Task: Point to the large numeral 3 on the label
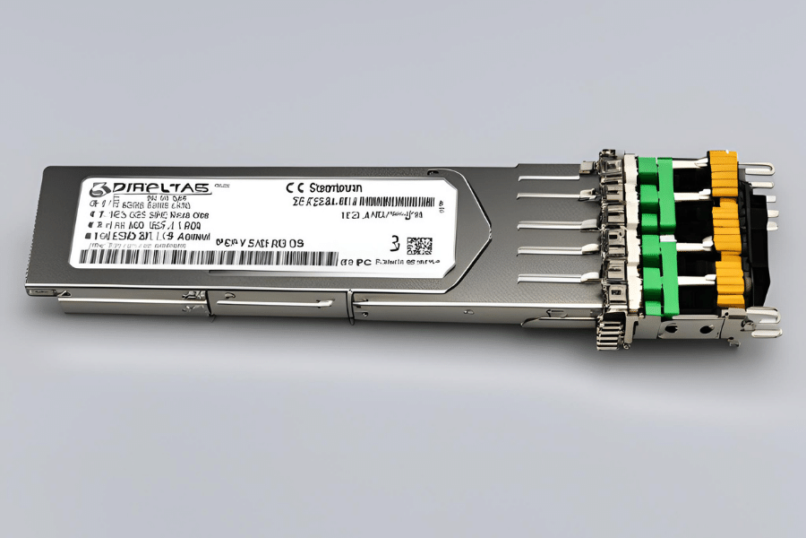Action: (395, 243)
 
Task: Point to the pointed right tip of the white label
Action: (488, 219)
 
